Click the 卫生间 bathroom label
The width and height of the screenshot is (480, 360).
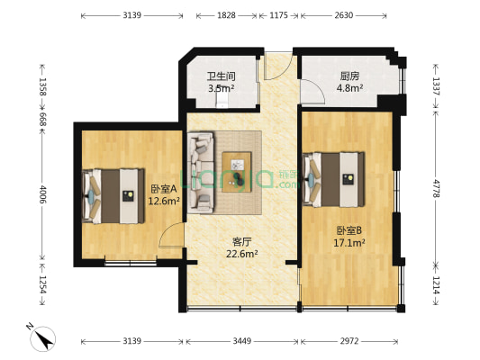click(x=221, y=76)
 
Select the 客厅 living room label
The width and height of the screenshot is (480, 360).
click(x=241, y=241)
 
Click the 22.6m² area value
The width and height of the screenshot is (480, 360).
click(x=241, y=254)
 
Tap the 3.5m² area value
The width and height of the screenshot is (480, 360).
click(x=221, y=88)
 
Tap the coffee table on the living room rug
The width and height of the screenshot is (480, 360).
click(x=240, y=168)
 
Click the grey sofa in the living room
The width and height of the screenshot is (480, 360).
click(x=200, y=174)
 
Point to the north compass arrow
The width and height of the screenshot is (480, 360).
click(x=42, y=338)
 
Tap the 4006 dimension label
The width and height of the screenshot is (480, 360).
click(x=41, y=195)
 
